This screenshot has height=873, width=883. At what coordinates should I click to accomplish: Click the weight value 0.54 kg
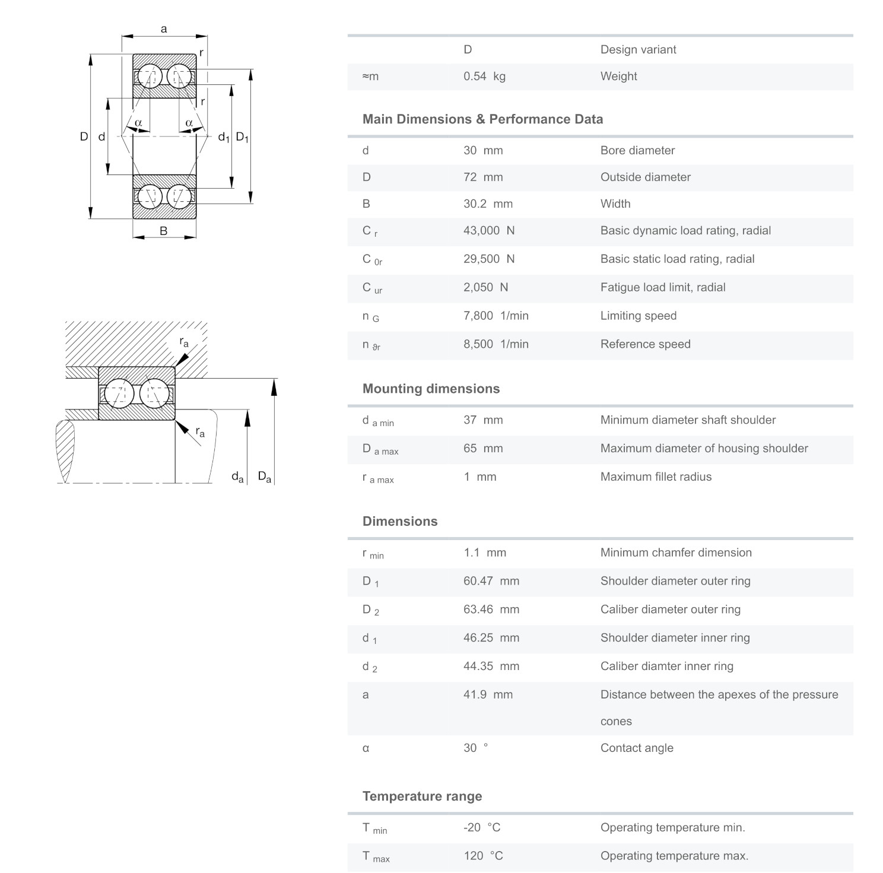click(484, 77)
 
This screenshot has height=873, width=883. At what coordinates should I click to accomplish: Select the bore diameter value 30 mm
click(482, 151)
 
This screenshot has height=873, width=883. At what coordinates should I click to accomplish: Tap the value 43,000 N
click(488, 231)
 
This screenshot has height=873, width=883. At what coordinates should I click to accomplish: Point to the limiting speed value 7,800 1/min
click(496, 316)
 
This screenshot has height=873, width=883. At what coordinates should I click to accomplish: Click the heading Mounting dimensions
click(431, 389)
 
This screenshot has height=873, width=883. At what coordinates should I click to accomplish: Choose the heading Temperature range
click(422, 796)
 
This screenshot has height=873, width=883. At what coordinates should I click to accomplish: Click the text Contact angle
click(637, 748)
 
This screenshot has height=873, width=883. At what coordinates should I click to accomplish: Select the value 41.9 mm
click(488, 695)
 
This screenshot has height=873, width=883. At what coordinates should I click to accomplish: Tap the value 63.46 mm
click(491, 609)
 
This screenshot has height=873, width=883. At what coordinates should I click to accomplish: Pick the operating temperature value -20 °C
click(481, 828)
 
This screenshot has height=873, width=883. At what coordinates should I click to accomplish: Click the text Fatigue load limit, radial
click(663, 288)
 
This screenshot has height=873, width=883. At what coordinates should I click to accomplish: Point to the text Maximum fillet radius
click(656, 477)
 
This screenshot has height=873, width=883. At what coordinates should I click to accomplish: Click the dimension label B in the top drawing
click(164, 231)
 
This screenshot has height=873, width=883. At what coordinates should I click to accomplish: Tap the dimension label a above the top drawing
click(164, 29)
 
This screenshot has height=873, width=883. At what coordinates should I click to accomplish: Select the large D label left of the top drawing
click(84, 136)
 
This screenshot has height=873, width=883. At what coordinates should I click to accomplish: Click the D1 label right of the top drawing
click(242, 137)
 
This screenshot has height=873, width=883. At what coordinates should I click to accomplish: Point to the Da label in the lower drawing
click(265, 477)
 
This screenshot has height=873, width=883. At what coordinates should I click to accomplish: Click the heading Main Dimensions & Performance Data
click(482, 119)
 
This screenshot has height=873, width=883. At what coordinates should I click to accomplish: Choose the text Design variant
click(638, 50)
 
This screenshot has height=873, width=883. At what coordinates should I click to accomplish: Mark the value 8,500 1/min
click(496, 344)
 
